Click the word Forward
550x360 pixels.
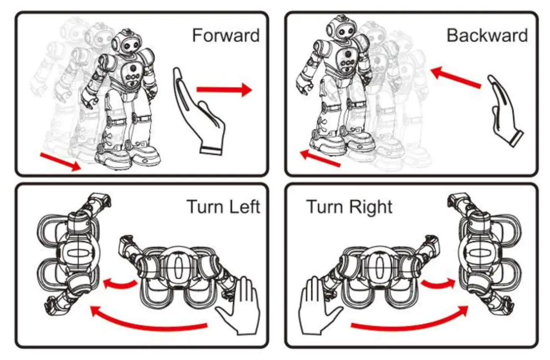tap(226, 36)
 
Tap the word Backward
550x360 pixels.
tap(487, 36)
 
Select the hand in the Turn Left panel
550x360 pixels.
tap(239, 306)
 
